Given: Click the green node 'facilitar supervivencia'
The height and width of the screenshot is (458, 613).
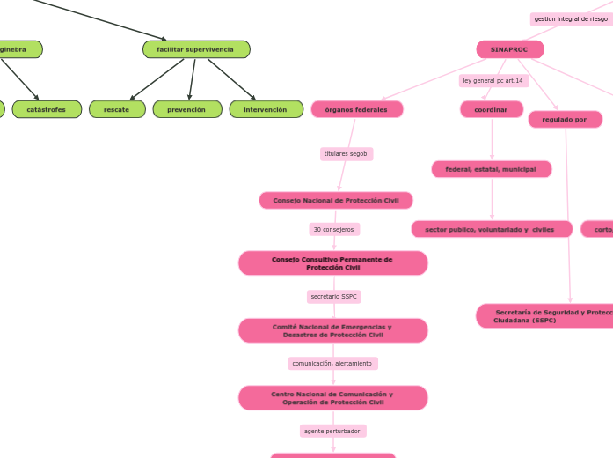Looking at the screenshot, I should [x=196, y=49].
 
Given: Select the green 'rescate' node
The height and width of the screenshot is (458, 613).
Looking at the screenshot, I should [x=117, y=109].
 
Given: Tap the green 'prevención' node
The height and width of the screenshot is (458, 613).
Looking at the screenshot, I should [x=186, y=109].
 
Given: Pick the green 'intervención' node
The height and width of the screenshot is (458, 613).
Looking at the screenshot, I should [x=266, y=109].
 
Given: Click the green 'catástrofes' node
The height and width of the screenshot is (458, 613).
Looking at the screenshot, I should [x=47, y=109].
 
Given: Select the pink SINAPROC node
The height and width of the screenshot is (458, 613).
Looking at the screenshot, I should [x=510, y=49].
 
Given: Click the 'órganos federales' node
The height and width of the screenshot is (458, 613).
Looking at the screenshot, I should [x=356, y=109].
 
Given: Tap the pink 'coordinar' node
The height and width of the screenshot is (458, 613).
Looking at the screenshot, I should [x=491, y=109].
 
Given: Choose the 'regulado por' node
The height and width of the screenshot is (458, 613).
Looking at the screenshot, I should [x=565, y=119].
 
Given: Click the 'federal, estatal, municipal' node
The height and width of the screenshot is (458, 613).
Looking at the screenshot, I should [x=491, y=169].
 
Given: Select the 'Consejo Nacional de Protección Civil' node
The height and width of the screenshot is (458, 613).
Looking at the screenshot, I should [x=335, y=200].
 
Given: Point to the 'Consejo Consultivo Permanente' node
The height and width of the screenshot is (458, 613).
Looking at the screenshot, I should [x=332, y=263].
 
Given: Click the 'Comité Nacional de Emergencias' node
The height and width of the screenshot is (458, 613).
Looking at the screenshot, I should [x=332, y=330].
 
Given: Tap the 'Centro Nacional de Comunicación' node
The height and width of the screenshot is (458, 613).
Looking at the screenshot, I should [x=332, y=398].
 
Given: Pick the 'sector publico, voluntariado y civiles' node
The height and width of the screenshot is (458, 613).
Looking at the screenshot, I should [x=491, y=229].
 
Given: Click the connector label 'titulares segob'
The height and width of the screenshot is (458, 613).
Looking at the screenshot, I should [x=346, y=154].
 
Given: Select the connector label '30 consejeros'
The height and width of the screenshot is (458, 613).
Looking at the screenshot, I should [x=334, y=229].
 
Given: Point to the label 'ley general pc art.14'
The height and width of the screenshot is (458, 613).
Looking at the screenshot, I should [x=493, y=80].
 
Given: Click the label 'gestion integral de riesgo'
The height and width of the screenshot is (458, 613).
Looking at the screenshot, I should [x=571, y=18].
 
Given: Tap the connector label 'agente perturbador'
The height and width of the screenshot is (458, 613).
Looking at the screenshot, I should [x=332, y=431].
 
